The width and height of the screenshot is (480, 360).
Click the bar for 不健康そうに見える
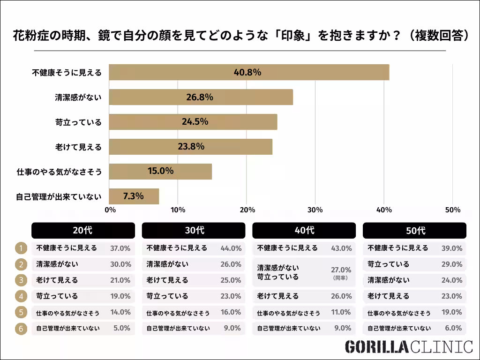249,73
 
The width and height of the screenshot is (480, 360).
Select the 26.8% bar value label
200,97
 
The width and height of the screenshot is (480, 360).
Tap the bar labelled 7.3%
133,196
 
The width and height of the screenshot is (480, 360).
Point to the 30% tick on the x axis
315,210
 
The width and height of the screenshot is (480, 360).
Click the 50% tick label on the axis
452,210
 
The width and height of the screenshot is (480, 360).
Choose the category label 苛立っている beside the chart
78,122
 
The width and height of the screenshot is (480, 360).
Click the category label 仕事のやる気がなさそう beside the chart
59,172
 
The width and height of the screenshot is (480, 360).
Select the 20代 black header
83,231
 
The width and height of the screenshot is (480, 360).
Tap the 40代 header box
304,231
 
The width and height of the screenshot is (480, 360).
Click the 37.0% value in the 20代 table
120,248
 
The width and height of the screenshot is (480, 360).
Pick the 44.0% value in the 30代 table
231,248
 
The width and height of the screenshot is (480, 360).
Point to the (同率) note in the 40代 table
341,277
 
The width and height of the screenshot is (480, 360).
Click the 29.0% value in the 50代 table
452,264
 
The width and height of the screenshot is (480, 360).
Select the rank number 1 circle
21,248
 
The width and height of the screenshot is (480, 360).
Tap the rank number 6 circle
21,328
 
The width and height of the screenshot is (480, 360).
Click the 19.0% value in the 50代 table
452,312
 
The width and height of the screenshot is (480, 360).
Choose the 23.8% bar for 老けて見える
190,147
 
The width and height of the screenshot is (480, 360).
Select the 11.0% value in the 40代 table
341,312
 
